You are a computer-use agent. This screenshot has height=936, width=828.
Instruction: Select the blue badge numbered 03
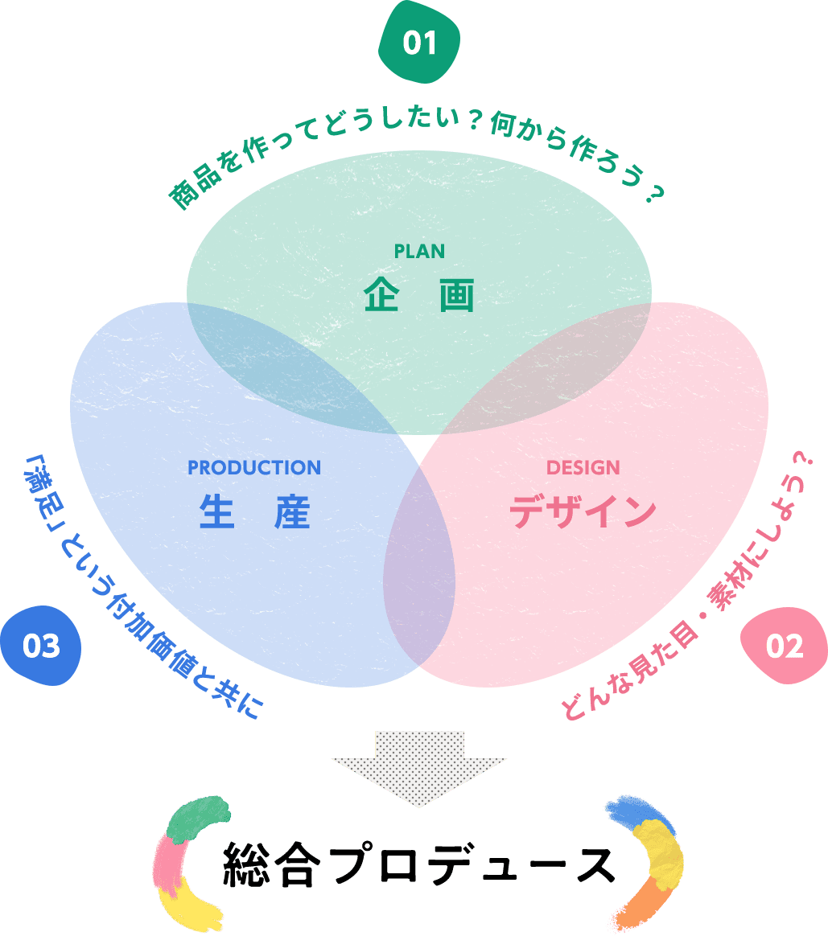click(x=40, y=646)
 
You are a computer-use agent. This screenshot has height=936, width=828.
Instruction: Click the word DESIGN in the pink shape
click(x=583, y=467)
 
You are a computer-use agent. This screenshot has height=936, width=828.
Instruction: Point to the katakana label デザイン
click(x=583, y=510)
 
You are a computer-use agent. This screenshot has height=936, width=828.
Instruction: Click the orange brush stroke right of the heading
click(x=640, y=905)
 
